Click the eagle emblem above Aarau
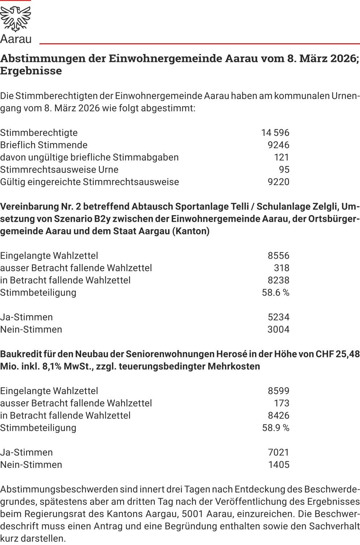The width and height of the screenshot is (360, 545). [16, 19]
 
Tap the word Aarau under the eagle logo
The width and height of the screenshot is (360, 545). [16, 39]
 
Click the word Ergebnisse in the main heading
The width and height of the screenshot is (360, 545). [31, 71]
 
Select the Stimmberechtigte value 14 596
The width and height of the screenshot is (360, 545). [275, 133]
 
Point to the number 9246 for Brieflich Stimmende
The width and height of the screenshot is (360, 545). [279, 145]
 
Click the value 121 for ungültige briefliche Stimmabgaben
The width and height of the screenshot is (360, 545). [281, 157]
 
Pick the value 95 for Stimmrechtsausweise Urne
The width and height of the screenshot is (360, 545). [284, 170]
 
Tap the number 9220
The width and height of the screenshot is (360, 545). [279, 182]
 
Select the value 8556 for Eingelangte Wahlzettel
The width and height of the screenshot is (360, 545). [279, 255]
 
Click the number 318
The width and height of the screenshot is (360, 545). [281, 268]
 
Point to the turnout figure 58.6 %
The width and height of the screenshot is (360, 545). [276, 292]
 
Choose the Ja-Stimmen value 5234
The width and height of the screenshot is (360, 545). [279, 317]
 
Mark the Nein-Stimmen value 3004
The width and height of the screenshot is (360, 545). [279, 329]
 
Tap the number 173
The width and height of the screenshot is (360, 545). [281, 403]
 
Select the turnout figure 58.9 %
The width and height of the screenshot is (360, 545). [276, 428]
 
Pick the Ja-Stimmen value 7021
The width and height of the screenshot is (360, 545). [279, 452]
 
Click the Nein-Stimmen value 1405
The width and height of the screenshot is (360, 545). [279, 465]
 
